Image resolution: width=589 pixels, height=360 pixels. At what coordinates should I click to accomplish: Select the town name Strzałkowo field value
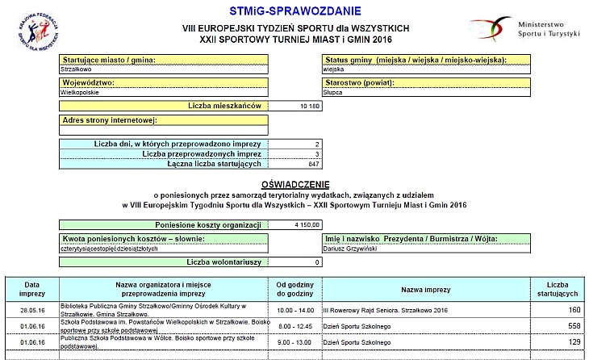77,69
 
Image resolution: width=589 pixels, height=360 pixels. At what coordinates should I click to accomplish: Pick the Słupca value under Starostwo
333,92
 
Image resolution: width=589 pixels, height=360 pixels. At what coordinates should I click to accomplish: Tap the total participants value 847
314,164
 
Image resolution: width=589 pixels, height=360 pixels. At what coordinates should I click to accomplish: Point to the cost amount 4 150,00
307,225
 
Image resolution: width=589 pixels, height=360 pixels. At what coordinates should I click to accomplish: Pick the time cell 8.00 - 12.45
294,325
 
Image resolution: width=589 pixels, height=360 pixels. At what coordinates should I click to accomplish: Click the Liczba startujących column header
557,288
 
